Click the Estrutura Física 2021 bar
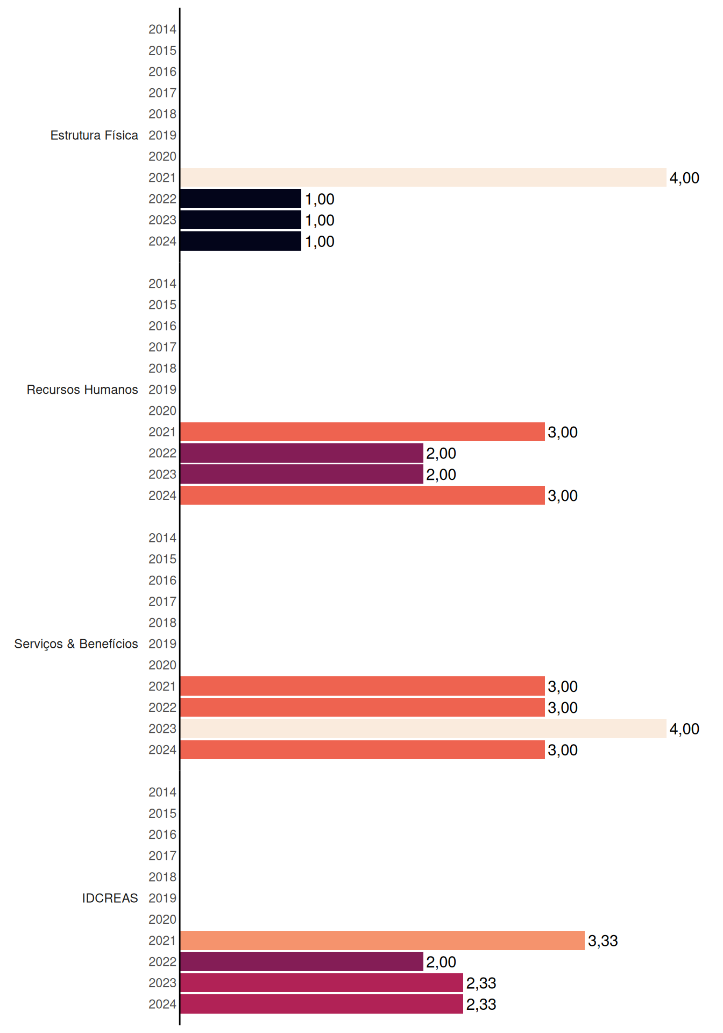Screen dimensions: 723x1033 click(423, 178)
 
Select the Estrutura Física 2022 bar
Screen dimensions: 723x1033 click(240, 199)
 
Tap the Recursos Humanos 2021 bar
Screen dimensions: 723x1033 click(363, 432)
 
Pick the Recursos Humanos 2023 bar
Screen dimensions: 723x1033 click(302, 475)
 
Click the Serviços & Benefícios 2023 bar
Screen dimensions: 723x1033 click(423, 728)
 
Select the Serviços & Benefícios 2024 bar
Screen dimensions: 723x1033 click(363, 750)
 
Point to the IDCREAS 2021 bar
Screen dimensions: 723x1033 click(382, 940)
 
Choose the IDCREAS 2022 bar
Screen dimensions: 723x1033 click(302, 961)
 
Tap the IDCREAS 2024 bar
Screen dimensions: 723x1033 click(322, 1004)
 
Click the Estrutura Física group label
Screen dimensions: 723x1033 click(94, 135)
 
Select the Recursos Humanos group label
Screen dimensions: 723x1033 click(82, 390)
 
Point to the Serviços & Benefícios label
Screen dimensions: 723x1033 click(76, 644)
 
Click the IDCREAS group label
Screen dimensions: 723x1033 click(110, 898)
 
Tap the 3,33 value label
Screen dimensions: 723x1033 click(603, 941)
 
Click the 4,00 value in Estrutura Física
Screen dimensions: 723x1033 click(684, 178)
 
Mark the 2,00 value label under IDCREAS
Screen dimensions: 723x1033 click(441, 962)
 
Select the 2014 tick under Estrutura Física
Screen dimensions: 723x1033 click(162, 29)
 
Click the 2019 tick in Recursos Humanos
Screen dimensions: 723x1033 click(162, 390)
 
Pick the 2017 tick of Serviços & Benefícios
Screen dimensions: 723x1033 click(162, 602)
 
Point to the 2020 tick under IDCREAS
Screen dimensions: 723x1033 click(162, 919)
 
